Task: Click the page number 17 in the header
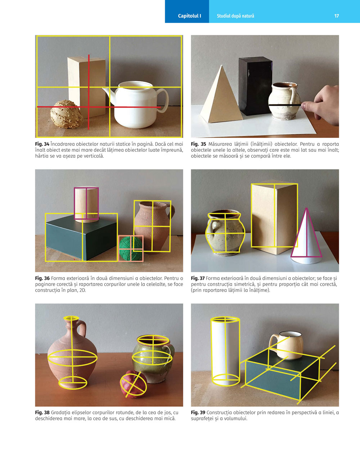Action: coord(337,16)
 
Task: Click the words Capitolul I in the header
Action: coord(189,16)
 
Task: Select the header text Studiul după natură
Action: coord(235,16)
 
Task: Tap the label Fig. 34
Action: coord(42,144)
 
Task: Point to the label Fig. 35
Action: coord(198,144)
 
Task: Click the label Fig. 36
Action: coord(42,278)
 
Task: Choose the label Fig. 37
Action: coord(198,278)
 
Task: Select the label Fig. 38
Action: coord(42,412)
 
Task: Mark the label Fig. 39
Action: coord(198,412)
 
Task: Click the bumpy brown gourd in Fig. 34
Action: coord(66,114)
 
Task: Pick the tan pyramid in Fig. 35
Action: coord(221,97)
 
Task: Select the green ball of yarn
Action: coord(131,248)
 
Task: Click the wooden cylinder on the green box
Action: coord(86,205)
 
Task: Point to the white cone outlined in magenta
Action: coord(307,237)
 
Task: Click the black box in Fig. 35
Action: coord(255,86)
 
